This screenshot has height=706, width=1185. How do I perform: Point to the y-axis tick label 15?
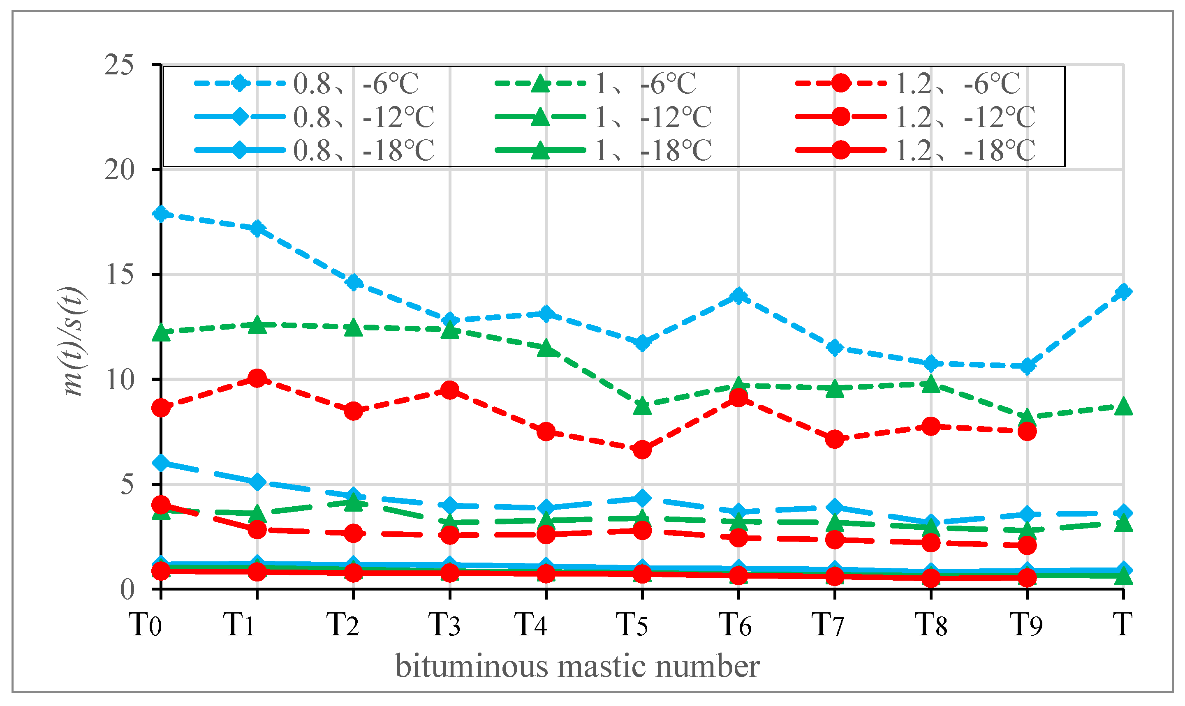coord(119,275)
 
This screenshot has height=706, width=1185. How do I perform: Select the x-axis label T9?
coord(1026,624)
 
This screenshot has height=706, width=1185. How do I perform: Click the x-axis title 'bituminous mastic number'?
coord(577,667)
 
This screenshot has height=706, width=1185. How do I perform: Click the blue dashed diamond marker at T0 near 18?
coord(161,214)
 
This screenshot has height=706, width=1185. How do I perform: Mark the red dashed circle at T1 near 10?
coord(257,379)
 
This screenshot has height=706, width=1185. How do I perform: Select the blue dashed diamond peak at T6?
coord(738,295)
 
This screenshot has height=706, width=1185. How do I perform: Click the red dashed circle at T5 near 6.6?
coord(642,450)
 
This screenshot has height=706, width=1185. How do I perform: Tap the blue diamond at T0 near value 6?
coord(161,463)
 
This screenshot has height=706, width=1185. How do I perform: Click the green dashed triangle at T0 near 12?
coord(161,332)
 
